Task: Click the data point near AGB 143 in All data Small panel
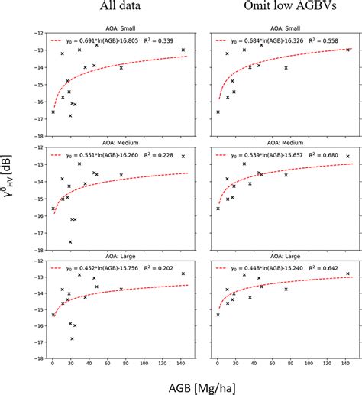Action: click(x=183, y=50)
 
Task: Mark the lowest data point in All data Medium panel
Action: click(x=70, y=241)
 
